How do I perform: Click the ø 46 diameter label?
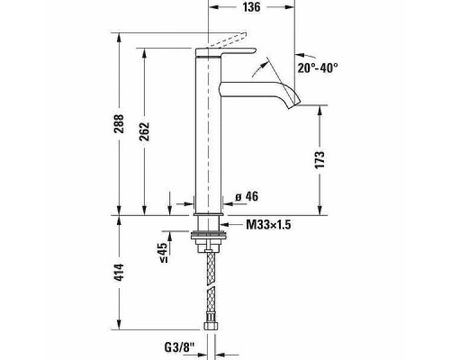247,196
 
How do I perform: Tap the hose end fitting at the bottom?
209,323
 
